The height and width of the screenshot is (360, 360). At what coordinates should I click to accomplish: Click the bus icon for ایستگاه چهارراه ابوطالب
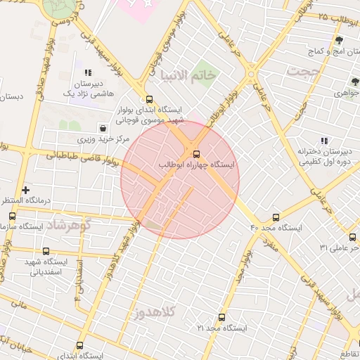196,154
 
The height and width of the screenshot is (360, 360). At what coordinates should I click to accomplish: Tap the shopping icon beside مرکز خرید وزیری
104,128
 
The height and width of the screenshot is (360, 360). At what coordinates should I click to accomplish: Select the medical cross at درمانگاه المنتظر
26,190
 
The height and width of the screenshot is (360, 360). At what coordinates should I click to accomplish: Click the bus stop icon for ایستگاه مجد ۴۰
276,217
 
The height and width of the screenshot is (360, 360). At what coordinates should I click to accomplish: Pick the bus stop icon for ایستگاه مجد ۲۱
221,317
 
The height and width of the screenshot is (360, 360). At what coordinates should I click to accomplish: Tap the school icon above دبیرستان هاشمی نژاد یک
88,72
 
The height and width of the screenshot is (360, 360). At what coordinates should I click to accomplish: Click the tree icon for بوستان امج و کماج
339,40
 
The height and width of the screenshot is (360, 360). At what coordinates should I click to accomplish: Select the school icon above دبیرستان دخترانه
324,141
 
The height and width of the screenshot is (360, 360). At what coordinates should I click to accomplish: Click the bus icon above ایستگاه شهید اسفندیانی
46,251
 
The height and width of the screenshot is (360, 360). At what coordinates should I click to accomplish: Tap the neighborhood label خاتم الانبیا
189,74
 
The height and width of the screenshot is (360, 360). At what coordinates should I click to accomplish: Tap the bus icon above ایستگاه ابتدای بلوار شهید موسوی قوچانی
148,99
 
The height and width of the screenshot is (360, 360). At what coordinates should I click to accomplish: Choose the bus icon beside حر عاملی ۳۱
352,237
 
